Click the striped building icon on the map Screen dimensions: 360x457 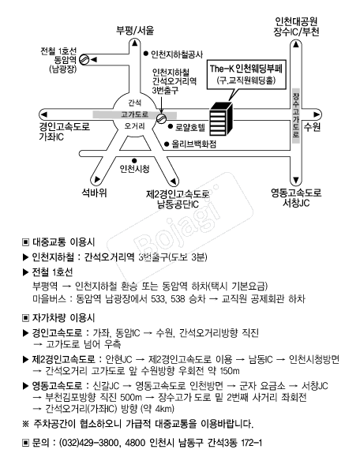pyautogui.click(x=221, y=119)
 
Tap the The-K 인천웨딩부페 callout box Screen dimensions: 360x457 pyautogui.click(x=246, y=75)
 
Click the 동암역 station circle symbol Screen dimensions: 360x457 pyautogui.click(x=84, y=60)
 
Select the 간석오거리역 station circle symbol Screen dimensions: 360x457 pyautogui.click(x=161, y=118)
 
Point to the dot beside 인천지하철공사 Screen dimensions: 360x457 pyautogui.click(x=146, y=54)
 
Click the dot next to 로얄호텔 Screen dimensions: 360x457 pyautogui.click(x=171, y=126)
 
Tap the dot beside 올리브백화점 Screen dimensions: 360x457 pyautogui.click(x=167, y=144)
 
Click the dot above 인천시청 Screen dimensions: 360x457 pyautogui.click(x=134, y=160)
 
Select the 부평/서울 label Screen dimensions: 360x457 pyautogui.click(x=135, y=30)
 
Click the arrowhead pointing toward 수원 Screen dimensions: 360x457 pyautogui.click(x=317, y=114)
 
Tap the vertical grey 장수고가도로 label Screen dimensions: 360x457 pyautogui.click(x=296, y=116)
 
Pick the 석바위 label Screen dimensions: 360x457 pyautogui.click(x=94, y=193)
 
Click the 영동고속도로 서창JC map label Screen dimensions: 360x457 pyautogui.click(x=296, y=197)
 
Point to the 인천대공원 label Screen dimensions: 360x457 pyautogui.click(x=296, y=21)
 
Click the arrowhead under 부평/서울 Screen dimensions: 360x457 pyautogui.click(x=135, y=43)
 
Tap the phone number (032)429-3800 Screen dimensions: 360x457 pyautogui.click(x=89, y=443)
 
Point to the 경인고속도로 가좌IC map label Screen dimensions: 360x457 pyautogui.click(x=65, y=132)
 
